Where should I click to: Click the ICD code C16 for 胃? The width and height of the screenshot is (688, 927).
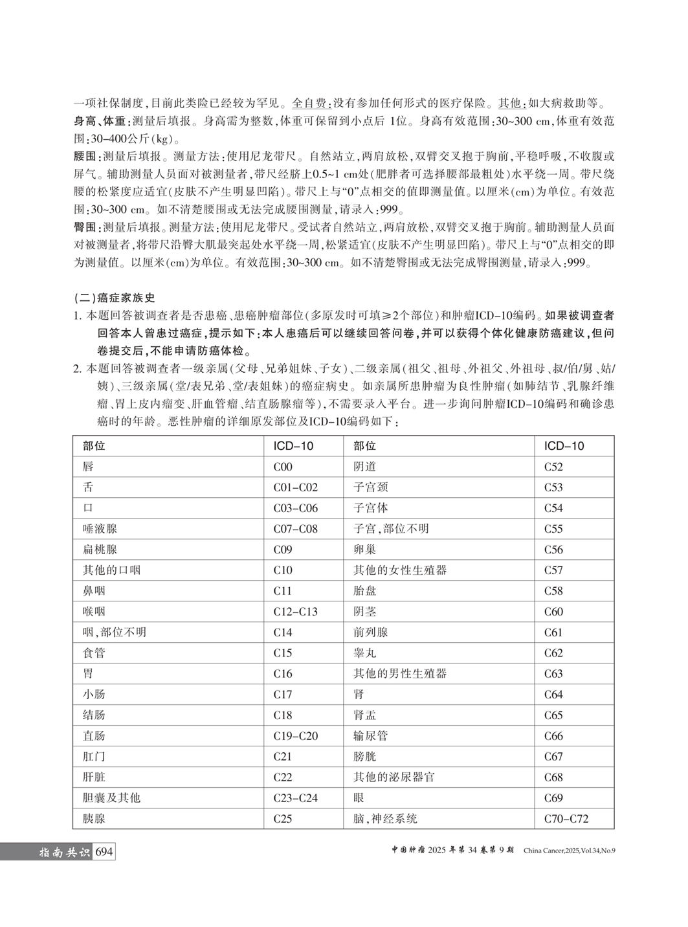283,673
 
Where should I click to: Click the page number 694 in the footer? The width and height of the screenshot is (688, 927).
104,852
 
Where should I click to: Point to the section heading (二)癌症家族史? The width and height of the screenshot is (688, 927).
115,298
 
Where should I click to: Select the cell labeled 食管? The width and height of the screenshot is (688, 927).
94,653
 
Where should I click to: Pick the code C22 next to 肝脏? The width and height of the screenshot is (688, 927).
283,777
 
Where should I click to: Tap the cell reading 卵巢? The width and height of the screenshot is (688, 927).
364,549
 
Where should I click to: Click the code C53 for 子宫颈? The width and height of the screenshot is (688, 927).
553,487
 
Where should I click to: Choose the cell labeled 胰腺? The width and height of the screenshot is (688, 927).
94,818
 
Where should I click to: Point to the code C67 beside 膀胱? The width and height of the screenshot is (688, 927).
553,756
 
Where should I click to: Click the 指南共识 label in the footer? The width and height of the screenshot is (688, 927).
63,852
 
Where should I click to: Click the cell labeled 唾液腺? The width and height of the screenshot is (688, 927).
100,528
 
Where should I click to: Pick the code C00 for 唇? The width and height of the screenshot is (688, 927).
283,466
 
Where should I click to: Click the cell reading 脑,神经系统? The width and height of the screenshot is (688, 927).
385,818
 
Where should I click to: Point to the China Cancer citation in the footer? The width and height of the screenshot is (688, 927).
569,851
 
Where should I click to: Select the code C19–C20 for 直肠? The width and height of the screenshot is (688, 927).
296,735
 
